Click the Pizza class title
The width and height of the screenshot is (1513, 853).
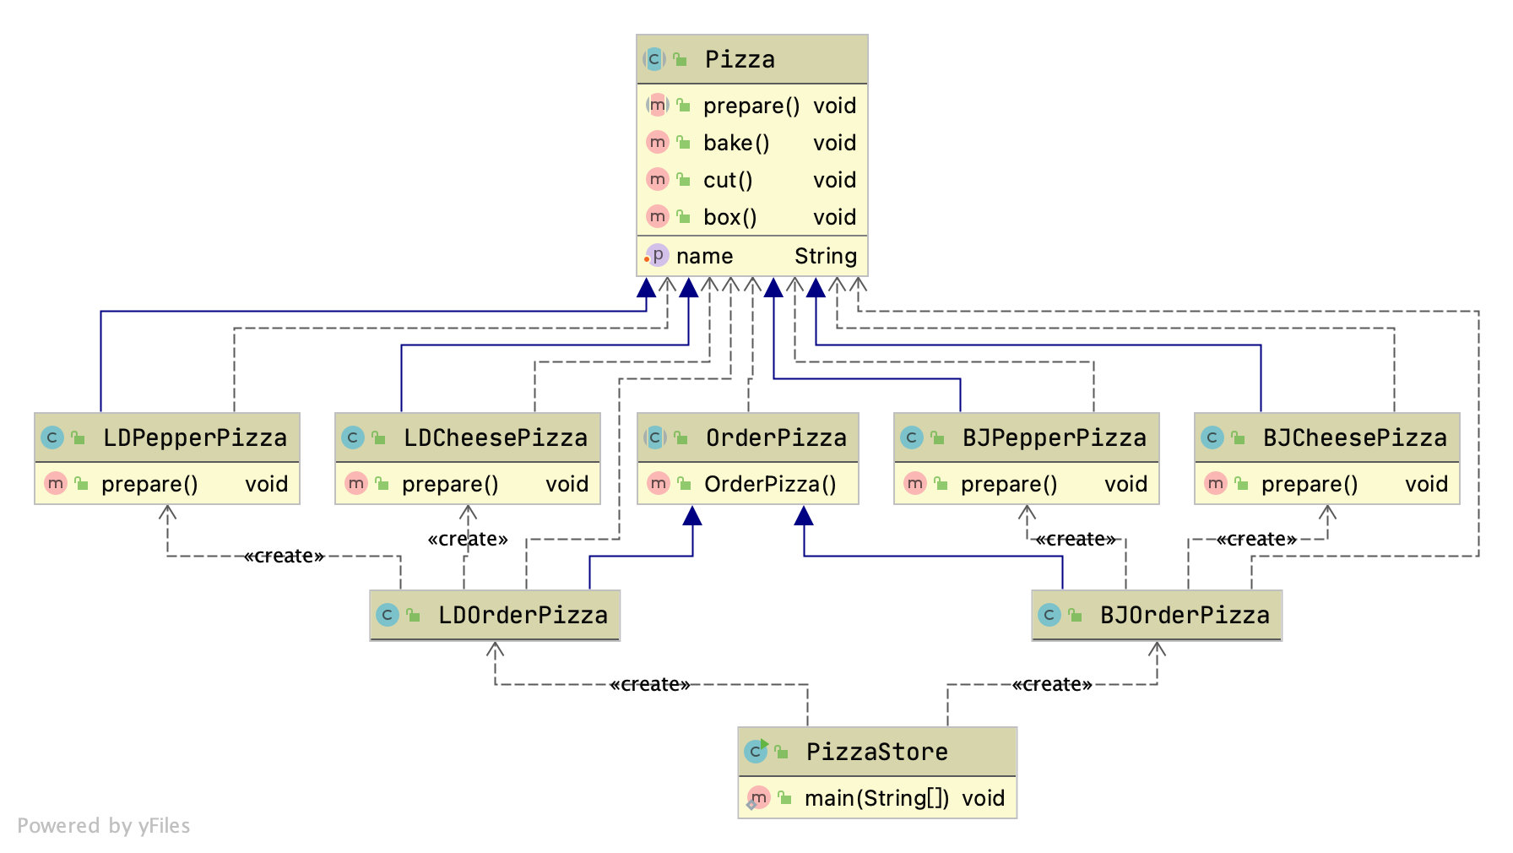coord(740,59)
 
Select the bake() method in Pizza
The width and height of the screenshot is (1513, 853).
coord(736,143)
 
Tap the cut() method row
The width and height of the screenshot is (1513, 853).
coord(727,180)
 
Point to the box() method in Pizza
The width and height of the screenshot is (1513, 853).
coord(729,217)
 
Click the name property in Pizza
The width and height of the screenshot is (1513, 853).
coord(704,256)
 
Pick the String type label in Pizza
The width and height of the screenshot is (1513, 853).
coord(825,256)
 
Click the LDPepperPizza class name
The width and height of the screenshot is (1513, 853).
coord(194,437)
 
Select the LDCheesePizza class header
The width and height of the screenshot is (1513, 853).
coord(495,437)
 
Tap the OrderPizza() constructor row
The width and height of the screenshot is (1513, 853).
coord(769,484)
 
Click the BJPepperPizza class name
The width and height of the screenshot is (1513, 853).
coord(1054,437)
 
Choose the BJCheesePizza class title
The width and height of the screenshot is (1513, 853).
coord(1354,437)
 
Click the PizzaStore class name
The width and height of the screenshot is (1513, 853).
coord(876,752)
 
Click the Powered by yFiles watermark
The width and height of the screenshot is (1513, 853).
coord(104,825)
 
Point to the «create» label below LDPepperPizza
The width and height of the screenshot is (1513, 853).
coord(284,556)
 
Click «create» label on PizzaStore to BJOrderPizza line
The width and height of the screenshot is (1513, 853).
coord(1051,684)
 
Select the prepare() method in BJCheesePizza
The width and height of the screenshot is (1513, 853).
coord(1309,484)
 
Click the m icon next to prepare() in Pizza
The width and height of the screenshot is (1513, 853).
coord(657,106)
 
